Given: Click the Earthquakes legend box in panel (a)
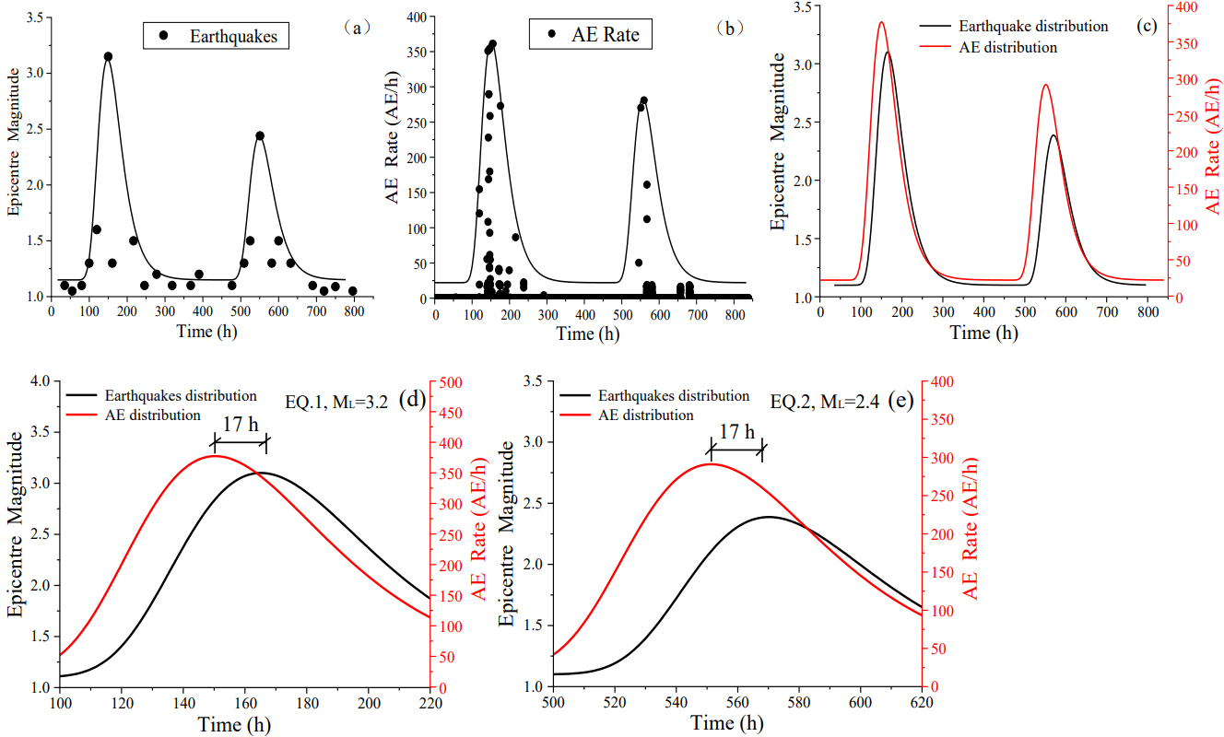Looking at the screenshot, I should click(217, 36).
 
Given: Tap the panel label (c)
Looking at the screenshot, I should click(1148, 25).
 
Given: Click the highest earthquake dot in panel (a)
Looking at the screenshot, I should click(108, 56).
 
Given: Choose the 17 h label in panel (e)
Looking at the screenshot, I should click(736, 432).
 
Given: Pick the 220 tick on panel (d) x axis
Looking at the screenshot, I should click(430, 704).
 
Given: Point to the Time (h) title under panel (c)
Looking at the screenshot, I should click(984, 333).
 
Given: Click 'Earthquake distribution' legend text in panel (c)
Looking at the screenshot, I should click(1033, 27).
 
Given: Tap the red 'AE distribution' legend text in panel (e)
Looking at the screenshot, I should click(646, 415).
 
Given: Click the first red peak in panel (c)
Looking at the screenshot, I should click(881, 23).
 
